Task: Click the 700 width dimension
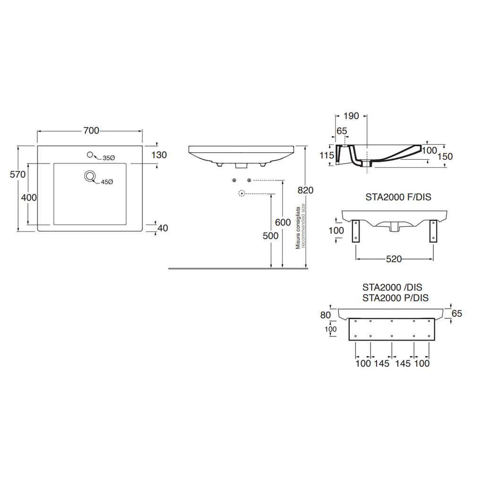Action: coord(91,131)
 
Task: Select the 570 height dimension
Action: coord(17,174)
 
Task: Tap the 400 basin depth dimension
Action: coord(29,198)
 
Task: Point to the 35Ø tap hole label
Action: coord(109,158)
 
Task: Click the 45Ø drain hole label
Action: coord(106,182)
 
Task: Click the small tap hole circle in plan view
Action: coord(90,155)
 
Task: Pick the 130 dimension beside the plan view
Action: coord(159,155)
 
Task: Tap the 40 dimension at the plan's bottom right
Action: coord(163,228)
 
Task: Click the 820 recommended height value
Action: coord(306,190)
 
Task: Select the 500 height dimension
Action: coord(270,236)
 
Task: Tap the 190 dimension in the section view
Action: coord(351,116)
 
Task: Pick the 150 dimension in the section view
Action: coord(445,157)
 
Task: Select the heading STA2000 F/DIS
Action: coord(398,198)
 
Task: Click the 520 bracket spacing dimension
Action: coord(394,259)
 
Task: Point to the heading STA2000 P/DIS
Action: coord(395,298)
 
